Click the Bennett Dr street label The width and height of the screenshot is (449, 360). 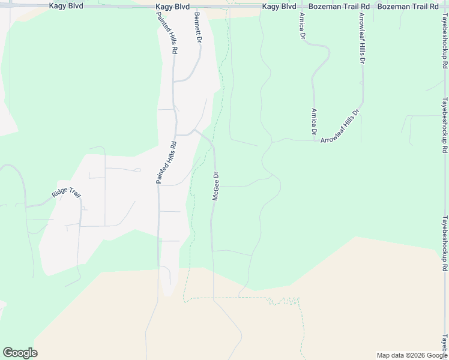[197, 28]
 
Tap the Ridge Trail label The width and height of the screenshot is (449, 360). [66, 193]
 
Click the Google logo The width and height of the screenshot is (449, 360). [20, 353]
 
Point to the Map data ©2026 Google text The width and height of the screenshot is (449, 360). [412, 355]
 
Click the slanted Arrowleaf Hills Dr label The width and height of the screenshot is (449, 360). [340, 126]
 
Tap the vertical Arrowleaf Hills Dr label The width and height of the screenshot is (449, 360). [362, 38]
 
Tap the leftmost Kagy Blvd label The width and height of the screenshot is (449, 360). [66, 6]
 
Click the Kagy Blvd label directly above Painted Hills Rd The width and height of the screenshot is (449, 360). [172, 6]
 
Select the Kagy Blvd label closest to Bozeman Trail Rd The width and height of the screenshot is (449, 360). [279, 6]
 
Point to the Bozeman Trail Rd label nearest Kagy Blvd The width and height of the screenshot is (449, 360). [337, 6]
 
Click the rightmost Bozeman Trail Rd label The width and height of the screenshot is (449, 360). [408, 6]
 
